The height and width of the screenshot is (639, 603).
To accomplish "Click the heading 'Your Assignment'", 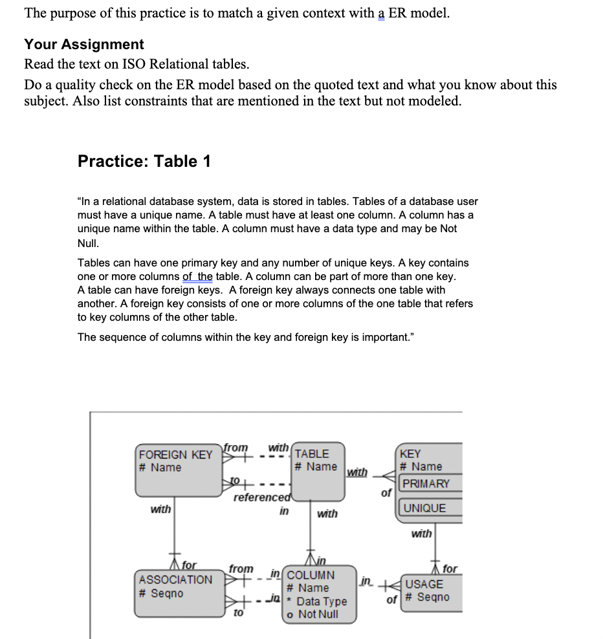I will (84, 45).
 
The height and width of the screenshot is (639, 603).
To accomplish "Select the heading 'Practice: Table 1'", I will (144, 161).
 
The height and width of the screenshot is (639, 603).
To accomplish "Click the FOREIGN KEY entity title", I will (175, 455).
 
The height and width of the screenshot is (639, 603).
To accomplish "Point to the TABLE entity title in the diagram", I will (312, 454).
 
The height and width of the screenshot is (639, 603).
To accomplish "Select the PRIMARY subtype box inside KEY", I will (425, 484).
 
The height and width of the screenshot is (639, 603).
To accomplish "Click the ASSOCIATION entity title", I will (175, 579).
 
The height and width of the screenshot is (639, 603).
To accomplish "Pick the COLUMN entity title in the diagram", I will (311, 575).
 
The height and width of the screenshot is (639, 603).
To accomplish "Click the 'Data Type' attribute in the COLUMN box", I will (322, 601).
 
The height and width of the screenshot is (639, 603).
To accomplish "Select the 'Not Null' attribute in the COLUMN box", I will (318, 614).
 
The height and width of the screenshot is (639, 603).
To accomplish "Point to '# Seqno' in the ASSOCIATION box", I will (161, 593).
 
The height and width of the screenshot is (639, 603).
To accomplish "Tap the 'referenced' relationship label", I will (262, 497).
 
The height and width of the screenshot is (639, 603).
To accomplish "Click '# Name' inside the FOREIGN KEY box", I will (160, 468).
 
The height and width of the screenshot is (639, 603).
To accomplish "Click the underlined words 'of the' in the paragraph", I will (197, 277).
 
